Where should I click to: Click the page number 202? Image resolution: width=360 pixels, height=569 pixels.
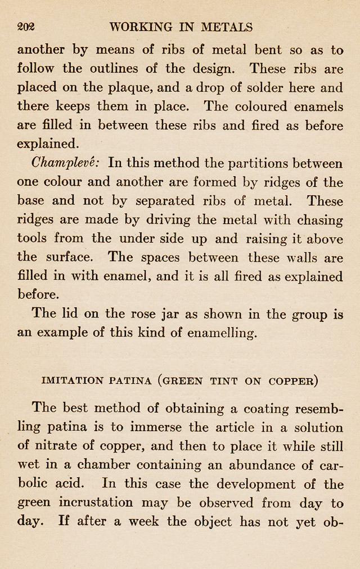[26, 26]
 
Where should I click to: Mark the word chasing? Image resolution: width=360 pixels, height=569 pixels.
[318, 219]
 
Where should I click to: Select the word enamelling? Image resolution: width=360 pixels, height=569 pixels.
[220, 333]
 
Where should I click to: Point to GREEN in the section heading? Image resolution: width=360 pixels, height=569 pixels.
[183, 380]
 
